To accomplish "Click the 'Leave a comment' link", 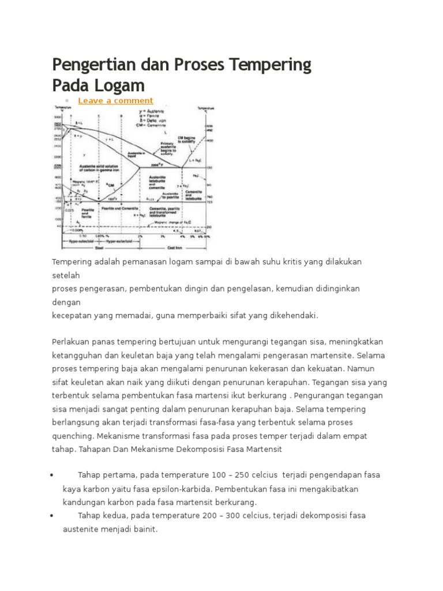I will pyautogui.click(x=115, y=100).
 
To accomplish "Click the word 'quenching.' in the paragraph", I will pyautogui.click(x=71, y=436).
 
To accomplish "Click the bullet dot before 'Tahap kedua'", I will pyautogui.click(x=52, y=515).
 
